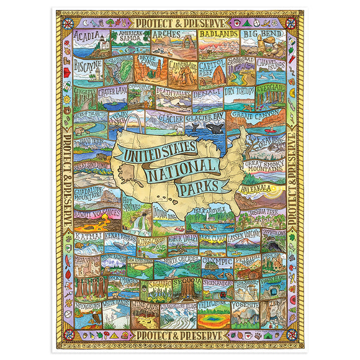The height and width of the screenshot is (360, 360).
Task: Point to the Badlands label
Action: click(x=218, y=35)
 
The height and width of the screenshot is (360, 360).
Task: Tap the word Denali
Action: click(x=207, y=94)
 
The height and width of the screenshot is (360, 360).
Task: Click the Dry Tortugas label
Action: click(x=238, y=91)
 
